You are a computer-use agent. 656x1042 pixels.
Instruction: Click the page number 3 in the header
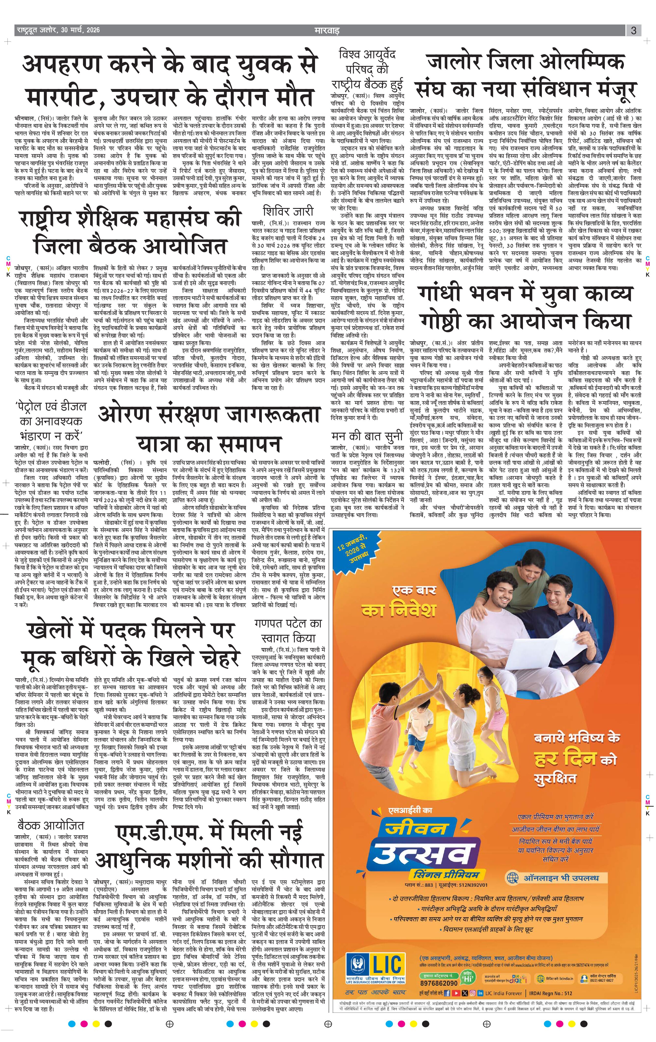[633, 30]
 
